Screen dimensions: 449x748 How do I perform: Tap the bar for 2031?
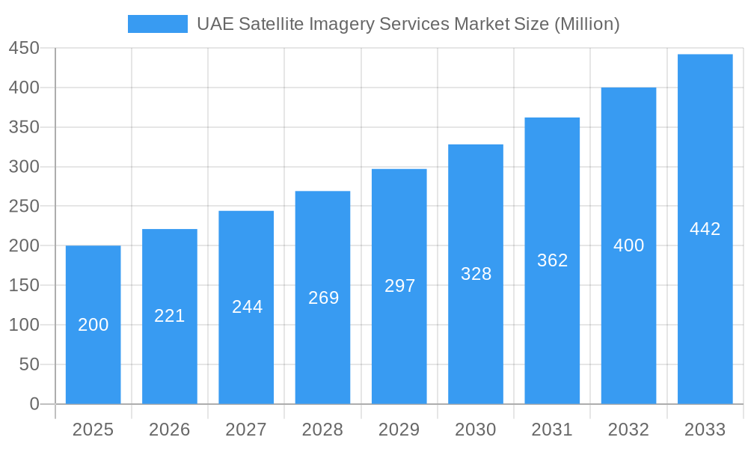552,329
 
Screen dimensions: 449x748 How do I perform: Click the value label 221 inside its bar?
170,316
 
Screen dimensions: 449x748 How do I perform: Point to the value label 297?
399,286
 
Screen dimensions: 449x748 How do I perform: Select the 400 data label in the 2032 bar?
628,245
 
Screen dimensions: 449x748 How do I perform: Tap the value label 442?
705,229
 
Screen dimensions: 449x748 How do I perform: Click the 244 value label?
247,307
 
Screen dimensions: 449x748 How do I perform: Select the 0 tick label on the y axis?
34,404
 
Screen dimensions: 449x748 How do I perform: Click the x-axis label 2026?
170,430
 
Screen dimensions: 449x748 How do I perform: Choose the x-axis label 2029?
399,430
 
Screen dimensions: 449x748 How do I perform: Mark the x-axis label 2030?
476,430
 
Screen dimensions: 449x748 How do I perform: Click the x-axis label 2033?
705,430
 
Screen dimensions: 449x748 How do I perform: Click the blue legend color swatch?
158,24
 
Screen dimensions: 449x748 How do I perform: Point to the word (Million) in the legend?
586,24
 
